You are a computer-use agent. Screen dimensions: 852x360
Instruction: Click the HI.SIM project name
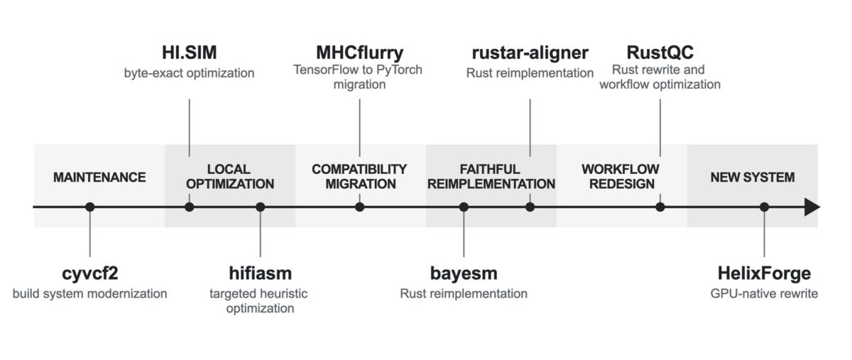coord(189,53)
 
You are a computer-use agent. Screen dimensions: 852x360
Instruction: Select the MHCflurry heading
coord(359,53)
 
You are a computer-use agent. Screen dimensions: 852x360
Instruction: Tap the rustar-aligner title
coord(530,53)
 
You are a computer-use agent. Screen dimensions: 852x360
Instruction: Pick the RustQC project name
coord(660,53)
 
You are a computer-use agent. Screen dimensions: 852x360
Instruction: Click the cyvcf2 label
coord(89,274)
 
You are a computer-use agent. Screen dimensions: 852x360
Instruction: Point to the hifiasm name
coord(260,273)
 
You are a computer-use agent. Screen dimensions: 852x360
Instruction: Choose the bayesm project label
coord(464,274)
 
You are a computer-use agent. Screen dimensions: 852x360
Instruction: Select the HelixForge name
coord(764,274)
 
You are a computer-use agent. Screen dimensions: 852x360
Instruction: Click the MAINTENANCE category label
coord(99,178)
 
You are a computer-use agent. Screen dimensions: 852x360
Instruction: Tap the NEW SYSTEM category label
coord(753,178)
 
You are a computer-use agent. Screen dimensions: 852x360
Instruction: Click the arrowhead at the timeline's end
coord(812,207)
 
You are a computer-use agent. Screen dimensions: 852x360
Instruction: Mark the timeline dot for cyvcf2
coord(89,207)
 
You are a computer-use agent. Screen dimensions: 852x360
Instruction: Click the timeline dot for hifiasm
coord(260,207)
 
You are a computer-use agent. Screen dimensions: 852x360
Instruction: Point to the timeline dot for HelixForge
coord(764,207)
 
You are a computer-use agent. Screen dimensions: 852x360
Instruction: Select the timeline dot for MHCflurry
coord(359,207)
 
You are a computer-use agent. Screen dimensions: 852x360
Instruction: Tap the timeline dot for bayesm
coord(464,207)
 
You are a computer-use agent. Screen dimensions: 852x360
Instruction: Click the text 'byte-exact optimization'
coord(189,73)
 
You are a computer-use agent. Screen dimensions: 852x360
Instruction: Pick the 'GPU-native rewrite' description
coord(764,294)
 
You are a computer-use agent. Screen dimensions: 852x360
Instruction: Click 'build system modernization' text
coord(89,294)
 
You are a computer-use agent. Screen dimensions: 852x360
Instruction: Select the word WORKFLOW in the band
coord(621,169)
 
